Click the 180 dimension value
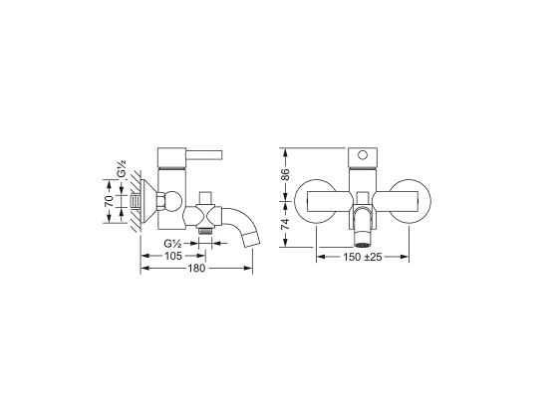196,268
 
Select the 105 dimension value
173,256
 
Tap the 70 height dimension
109,201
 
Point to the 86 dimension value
285,175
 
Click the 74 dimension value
285,224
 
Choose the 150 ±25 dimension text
363,257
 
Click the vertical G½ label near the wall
122,169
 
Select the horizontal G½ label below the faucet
173,244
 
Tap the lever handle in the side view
204,155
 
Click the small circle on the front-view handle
363,155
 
